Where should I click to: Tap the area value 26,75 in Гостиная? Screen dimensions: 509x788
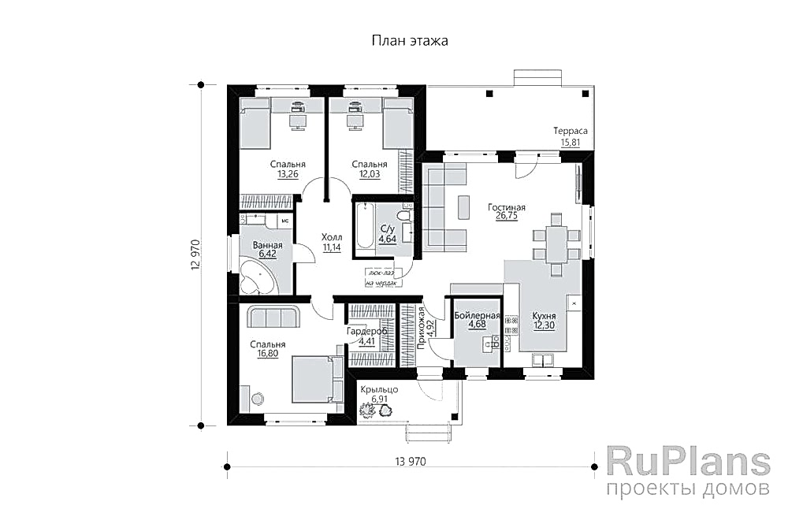[507, 217]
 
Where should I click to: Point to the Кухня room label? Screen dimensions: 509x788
[544, 315]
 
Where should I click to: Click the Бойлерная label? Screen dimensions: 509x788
[478, 315]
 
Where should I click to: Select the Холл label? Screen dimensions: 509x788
[331, 236]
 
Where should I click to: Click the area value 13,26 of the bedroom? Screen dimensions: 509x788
[288, 175]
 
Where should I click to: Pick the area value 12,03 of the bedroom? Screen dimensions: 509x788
[369, 175]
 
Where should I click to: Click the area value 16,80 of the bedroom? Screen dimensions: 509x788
[268, 355]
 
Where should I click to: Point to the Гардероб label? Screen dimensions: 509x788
[366, 332]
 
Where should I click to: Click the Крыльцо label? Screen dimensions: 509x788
[380, 390]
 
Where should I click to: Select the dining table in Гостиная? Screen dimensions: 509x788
[556, 242]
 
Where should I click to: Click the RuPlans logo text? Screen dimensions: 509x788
[688, 461]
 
